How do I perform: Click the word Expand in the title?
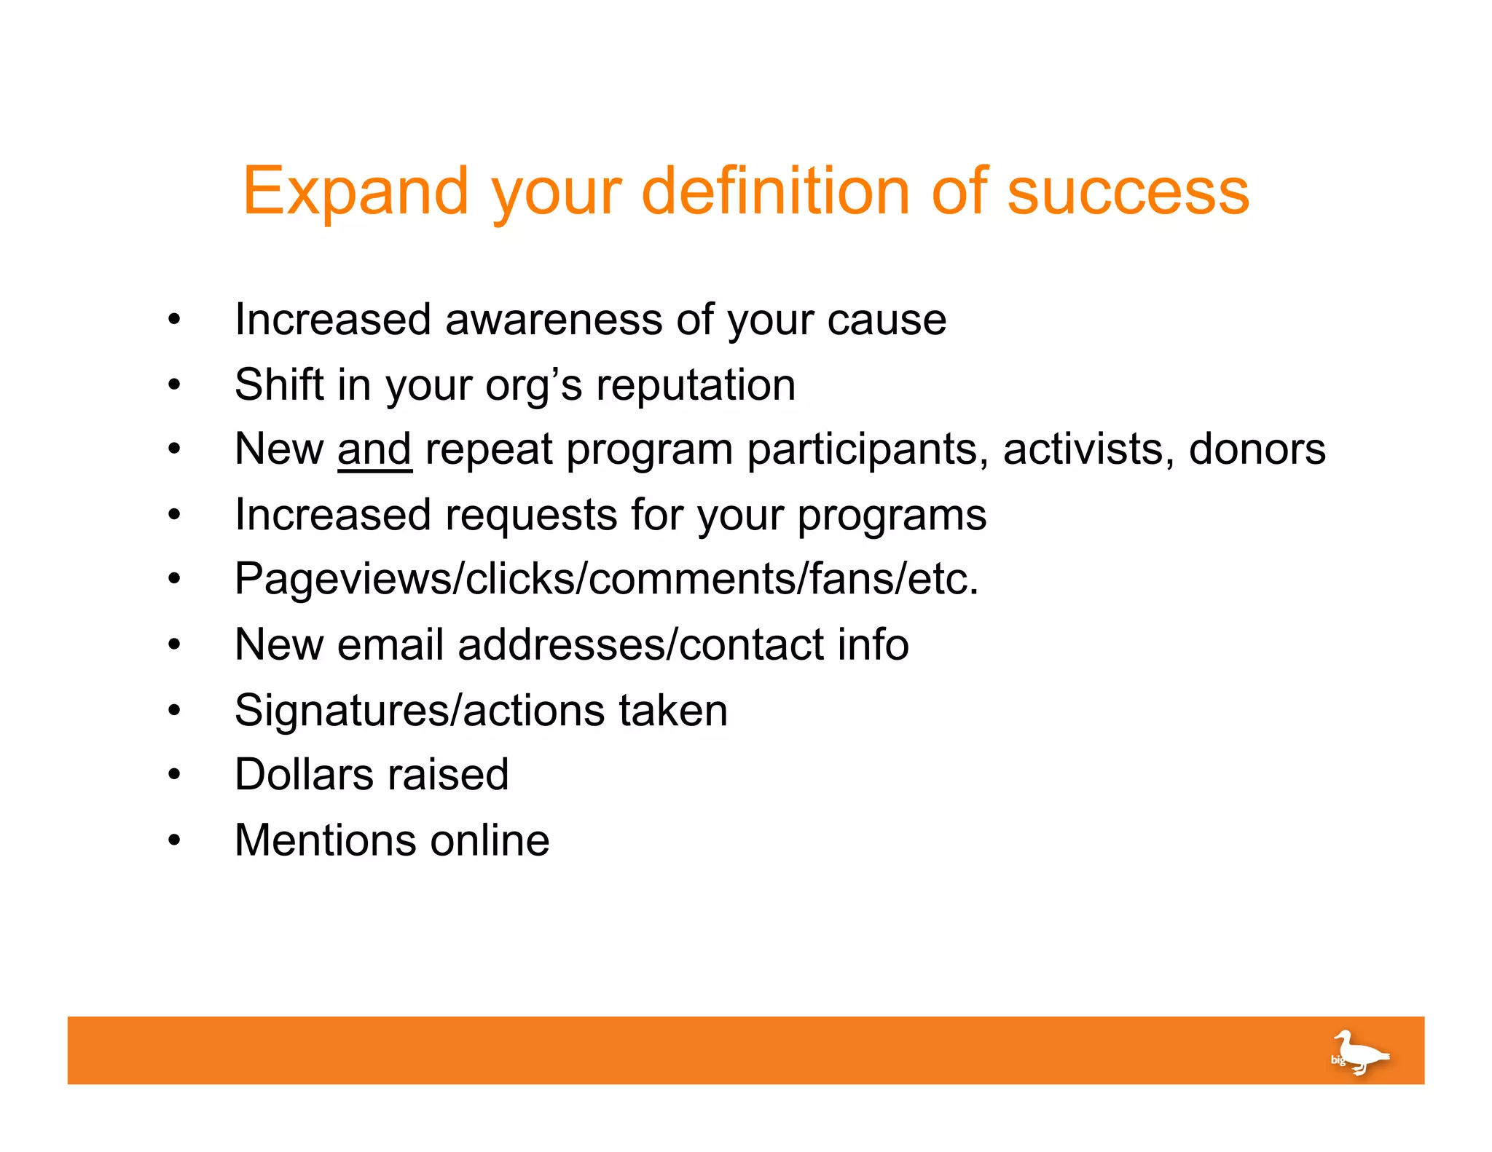click(x=356, y=192)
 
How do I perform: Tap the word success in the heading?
click(x=1128, y=192)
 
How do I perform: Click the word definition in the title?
click(x=775, y=191)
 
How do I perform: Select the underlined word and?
click(x=374, y=449)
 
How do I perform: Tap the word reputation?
click(x=696, y=385)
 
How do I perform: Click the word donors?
click(x=1257, y=449)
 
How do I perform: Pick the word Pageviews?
click(x=342, y=580)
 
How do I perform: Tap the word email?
click(x=390, y=645)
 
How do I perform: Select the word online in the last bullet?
click(x=490, y=840)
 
